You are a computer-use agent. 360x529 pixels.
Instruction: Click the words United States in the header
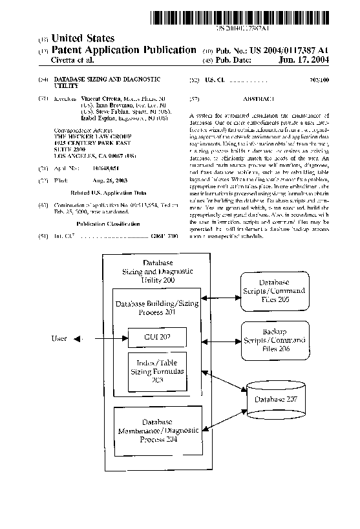point(83,39)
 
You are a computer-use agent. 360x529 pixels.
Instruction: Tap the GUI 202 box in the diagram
point(158,338)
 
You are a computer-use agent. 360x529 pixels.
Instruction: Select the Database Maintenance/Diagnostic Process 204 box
point(158,430)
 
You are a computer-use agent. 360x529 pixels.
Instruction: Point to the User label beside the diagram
point(59,338)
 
